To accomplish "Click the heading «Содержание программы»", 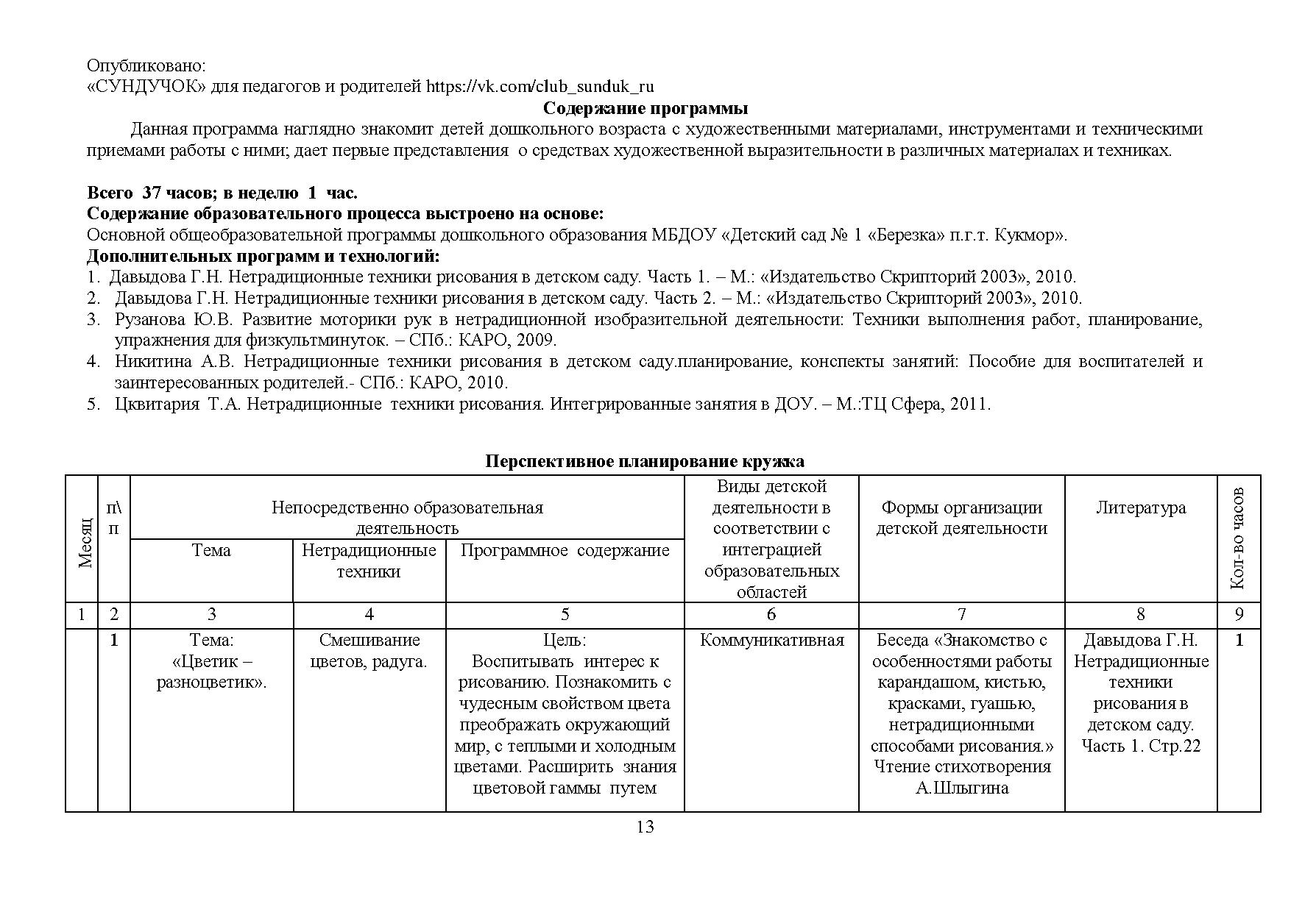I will pyautogui.click(x=645, y=109).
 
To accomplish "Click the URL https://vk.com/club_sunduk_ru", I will pyautogui.click(x=540, y=87).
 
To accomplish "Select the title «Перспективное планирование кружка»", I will pyautogui.click(x=645, y=461).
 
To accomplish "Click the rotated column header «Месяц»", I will pyautogui.click(x=85, y=542).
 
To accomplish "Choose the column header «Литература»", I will pyautogui.click(x=1141, y=507).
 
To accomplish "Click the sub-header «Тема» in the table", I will pyautogui.click(x=211, y=550).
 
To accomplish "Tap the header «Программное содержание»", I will pyautogui.click(x=565, y=550).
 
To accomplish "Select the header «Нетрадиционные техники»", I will pyautogui.click(x=369, y=560).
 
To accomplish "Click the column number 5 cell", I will pyautogui.click(x=565, y=615).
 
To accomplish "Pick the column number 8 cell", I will pyautogui.click(x=1141, y=615).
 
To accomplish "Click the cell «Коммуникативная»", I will pyautogui.click(x=771, y=640).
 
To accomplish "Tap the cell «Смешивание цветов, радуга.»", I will pyautogui.click(x=369, y=651).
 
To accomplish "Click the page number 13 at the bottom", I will pyautogui.click(x=645, y=827).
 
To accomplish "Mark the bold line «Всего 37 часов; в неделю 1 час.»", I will pyautogui.click(x=222, y=193).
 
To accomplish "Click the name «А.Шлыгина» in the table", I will pyautogui.click(x=961, y=788).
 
